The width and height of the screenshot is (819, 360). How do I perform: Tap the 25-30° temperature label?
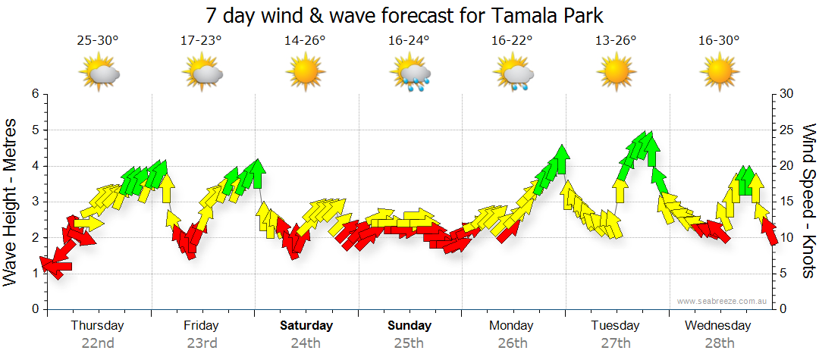click(x=97, y=41)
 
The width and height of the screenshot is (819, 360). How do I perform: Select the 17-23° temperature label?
click(x=201, y=41)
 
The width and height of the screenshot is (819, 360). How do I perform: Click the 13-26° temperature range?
click(x=616, y=41)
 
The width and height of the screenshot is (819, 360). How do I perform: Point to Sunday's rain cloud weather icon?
click(x=410, y=74)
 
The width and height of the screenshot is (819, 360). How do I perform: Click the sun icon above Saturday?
click(x=306, y=74)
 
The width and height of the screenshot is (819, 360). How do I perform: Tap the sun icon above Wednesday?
click(x=719, y=74)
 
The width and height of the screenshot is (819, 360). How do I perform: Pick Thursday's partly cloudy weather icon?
click(x=99, y=74)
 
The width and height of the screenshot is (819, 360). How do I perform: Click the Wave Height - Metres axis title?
click(x=11, y=201)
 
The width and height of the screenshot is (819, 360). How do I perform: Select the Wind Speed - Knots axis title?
click(x=808, y=201)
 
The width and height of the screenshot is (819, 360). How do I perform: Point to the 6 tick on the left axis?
click(x=35, y=94)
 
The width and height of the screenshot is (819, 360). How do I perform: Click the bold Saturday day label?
click(x=306, y=326)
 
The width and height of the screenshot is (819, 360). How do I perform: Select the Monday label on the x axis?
click(x=511, y=326)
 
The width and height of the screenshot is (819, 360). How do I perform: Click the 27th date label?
click(x=616, y=343)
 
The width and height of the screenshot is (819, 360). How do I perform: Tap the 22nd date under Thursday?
click(x=98, y=343)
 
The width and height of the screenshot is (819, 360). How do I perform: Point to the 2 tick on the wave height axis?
click(x=35, y=238)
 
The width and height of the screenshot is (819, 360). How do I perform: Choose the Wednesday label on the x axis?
click(x=717, y=326)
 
